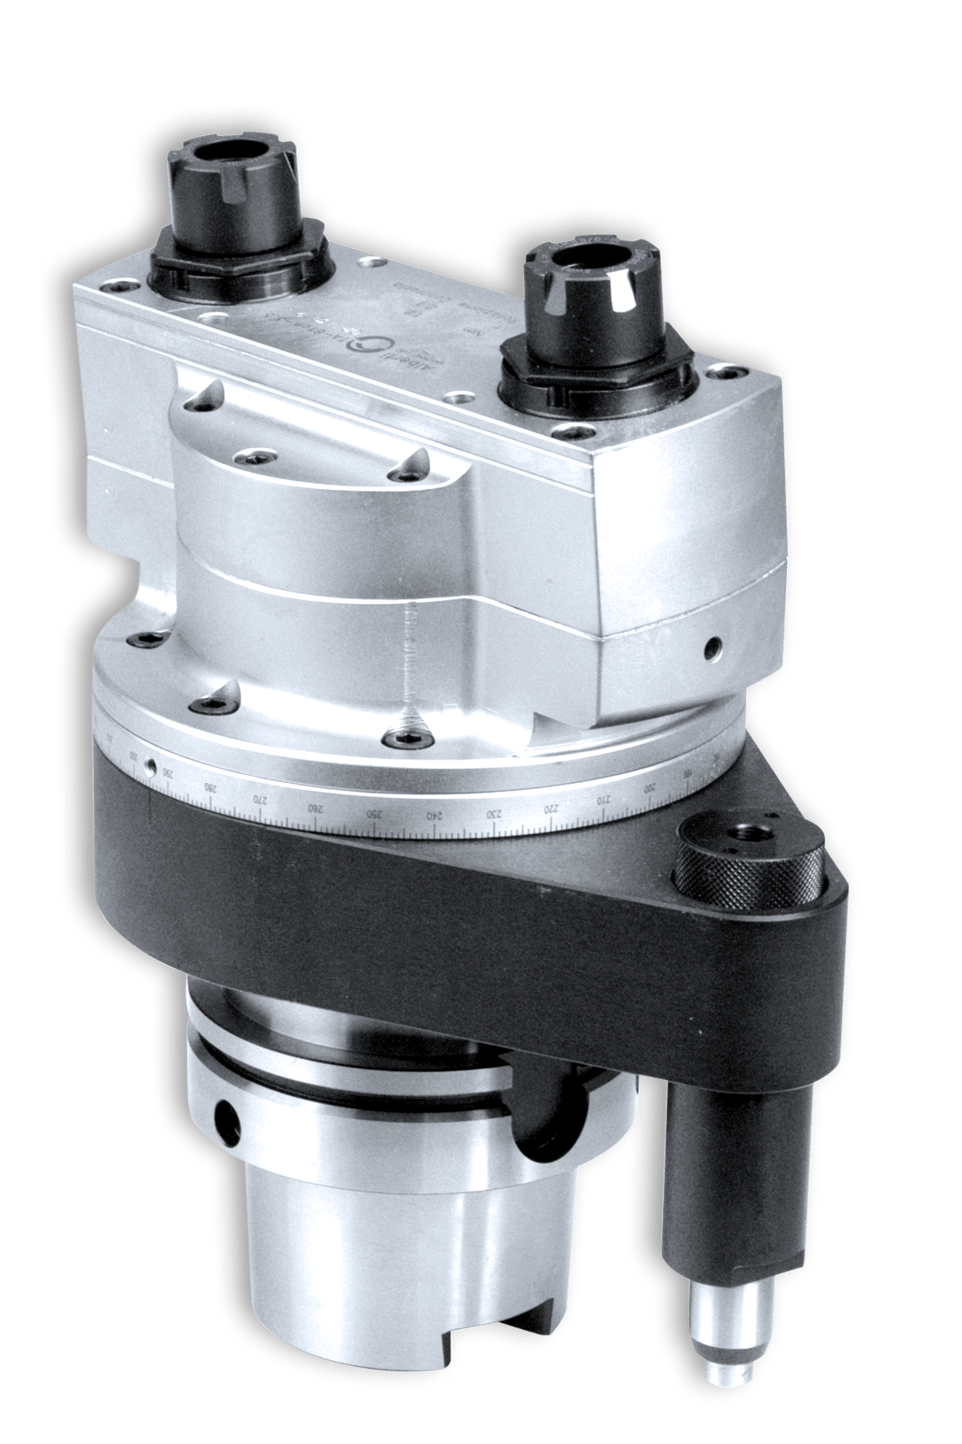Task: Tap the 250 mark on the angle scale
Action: click(x=372, y=813)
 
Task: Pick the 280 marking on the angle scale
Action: click(x=211, y=789)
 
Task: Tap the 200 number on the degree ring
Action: click(x=650, y=788)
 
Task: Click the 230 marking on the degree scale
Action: click(x=494, y=814)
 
